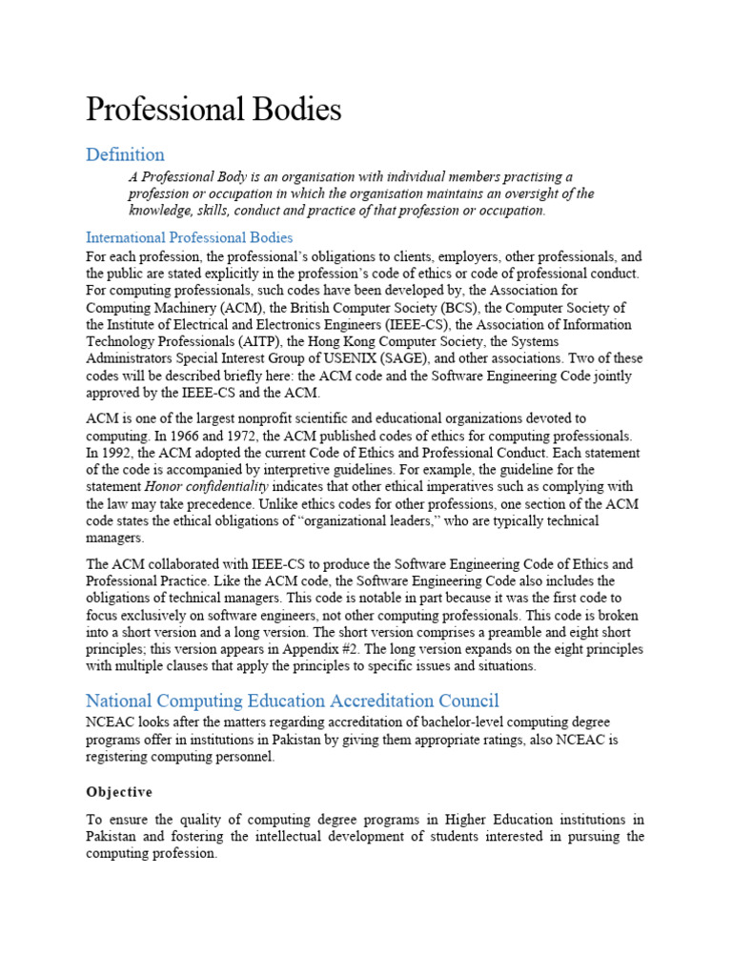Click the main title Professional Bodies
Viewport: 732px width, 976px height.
(213, 110)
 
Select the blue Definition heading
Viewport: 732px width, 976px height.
(125, 154)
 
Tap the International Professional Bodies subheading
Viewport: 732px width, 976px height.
(190, 237)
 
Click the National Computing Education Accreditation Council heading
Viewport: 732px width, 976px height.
(293, 701)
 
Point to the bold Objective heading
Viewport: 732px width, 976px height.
(119, 792)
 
